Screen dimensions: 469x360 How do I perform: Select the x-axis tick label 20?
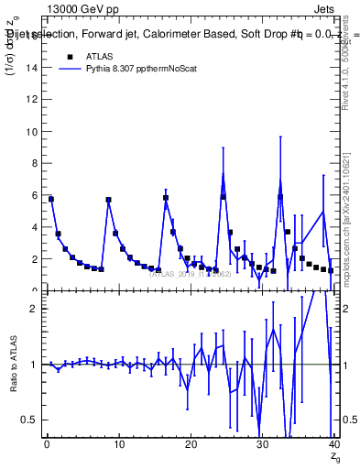(x=190, y=445)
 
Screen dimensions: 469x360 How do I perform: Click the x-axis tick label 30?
(x=261, y=445)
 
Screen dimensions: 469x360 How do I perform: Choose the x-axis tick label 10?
(x=118, y=445)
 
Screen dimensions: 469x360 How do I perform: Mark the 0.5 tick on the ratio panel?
(x=27, y=420)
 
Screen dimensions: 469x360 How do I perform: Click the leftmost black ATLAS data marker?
(x=51, y=199)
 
